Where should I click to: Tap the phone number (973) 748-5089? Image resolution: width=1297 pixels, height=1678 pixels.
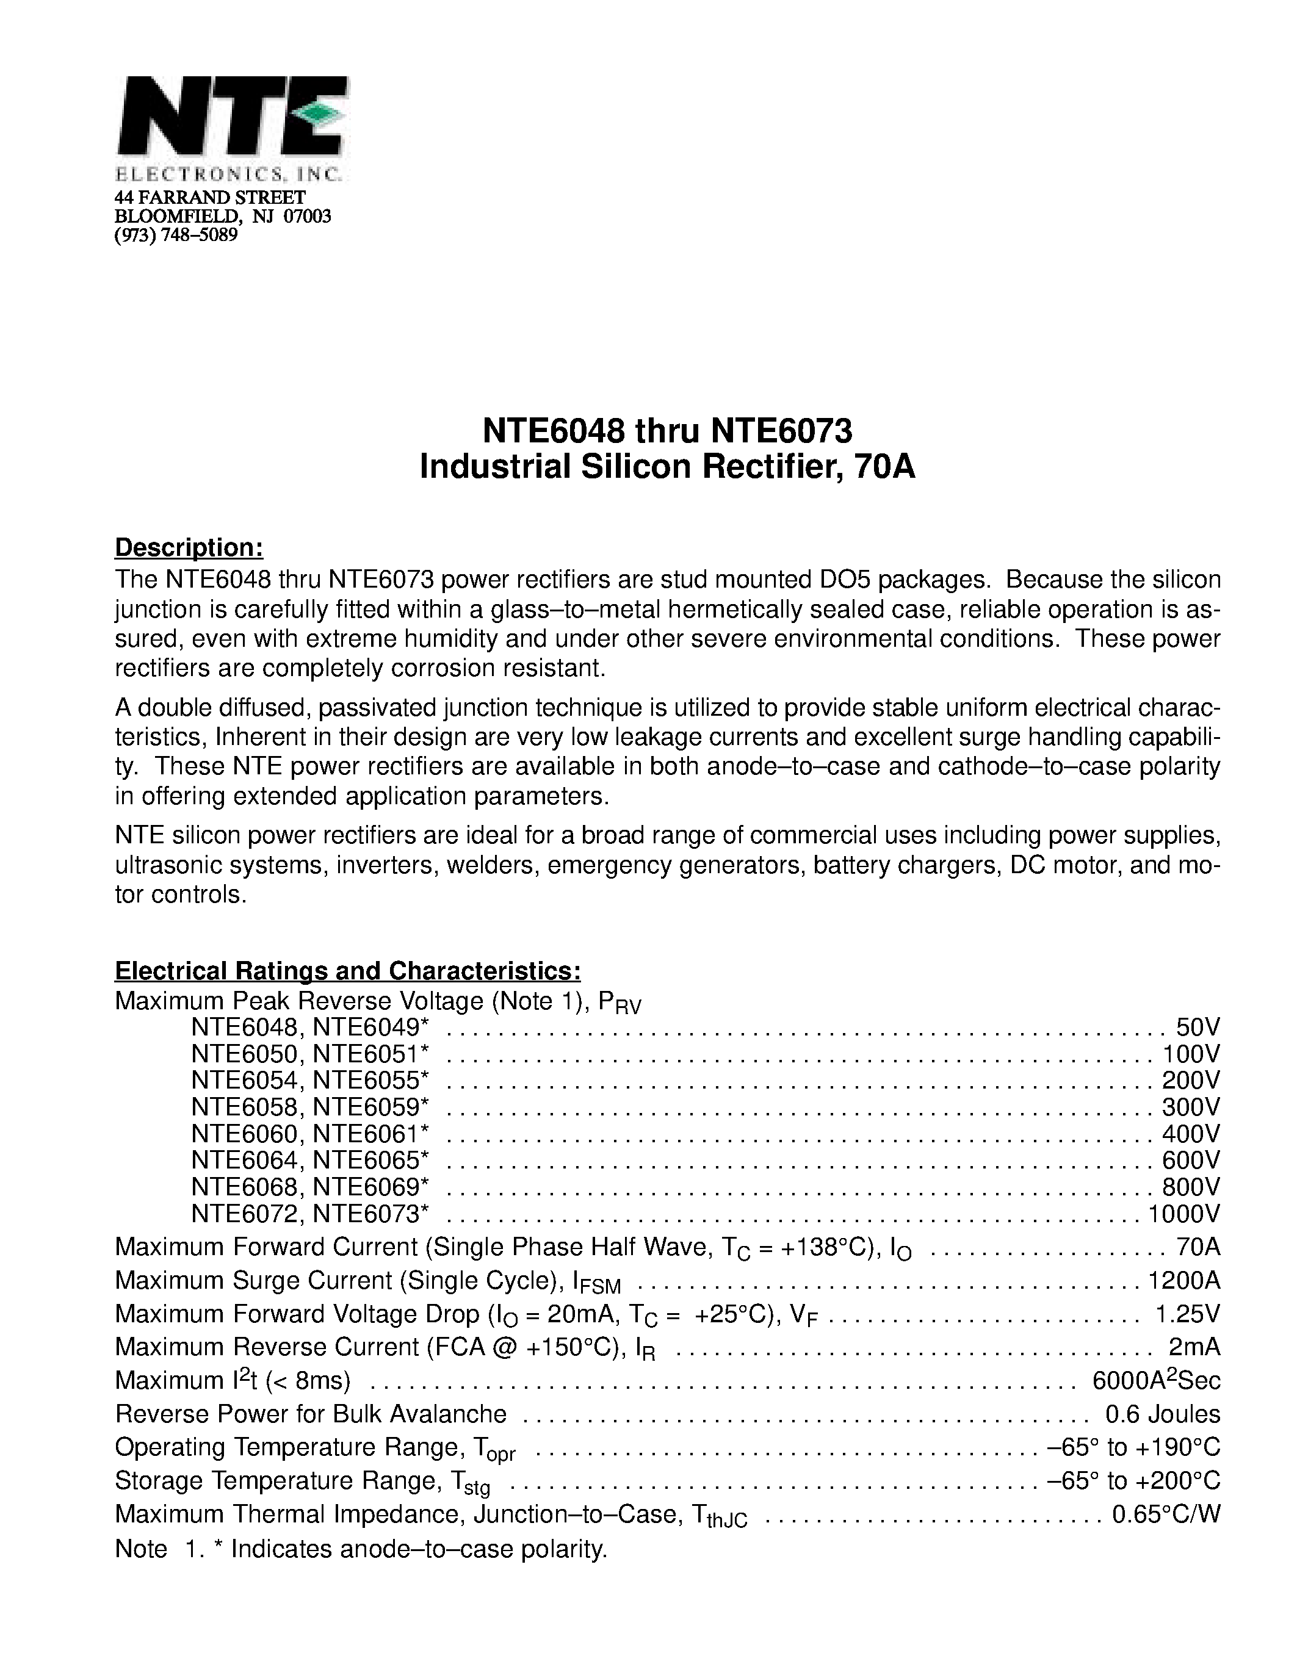click(x=176, y=235)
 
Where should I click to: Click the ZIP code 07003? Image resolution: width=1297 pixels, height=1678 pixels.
click(x=308, y=216)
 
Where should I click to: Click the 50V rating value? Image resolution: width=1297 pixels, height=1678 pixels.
click(x=1198, y=1027)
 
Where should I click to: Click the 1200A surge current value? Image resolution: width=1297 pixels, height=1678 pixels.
click(x=1183, y=1280)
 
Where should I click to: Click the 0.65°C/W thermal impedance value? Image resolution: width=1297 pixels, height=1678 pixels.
click(x=1166, y=1514)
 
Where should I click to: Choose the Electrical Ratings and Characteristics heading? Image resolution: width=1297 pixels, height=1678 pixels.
click(x=347, y=971)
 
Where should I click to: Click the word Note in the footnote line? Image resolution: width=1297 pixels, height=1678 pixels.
click(x=140, y=1549)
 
